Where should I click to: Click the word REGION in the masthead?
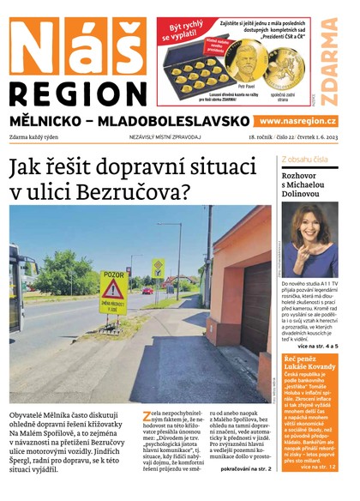[x=78, y=93]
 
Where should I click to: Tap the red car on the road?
[x=147, y=291]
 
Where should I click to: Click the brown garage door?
[x=255, y=296]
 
